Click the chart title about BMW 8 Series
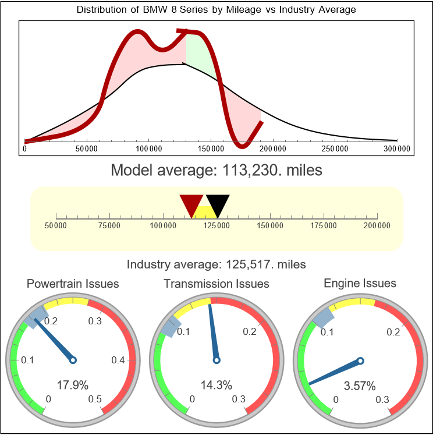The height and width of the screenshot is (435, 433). click(216, 10)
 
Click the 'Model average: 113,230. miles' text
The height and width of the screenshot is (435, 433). click(216, 171)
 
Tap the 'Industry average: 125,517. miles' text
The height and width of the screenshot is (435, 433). click(216, 264)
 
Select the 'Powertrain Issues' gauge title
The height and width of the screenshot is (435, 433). click(73, 284)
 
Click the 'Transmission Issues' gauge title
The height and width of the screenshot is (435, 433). click(216, 284)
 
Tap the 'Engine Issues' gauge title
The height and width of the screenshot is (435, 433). click(360, 284)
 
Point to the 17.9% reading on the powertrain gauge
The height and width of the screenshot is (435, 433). click(72, 385)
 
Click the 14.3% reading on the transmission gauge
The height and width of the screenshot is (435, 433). click(216, 385)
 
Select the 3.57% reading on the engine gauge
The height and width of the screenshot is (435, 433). click(360, 385)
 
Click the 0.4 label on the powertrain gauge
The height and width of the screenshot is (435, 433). click(119, 360)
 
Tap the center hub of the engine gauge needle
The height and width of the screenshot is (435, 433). click(360, 361)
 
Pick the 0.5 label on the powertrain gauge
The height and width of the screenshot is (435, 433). click(95, 399)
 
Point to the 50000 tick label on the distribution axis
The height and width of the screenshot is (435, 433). click(87, 149)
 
